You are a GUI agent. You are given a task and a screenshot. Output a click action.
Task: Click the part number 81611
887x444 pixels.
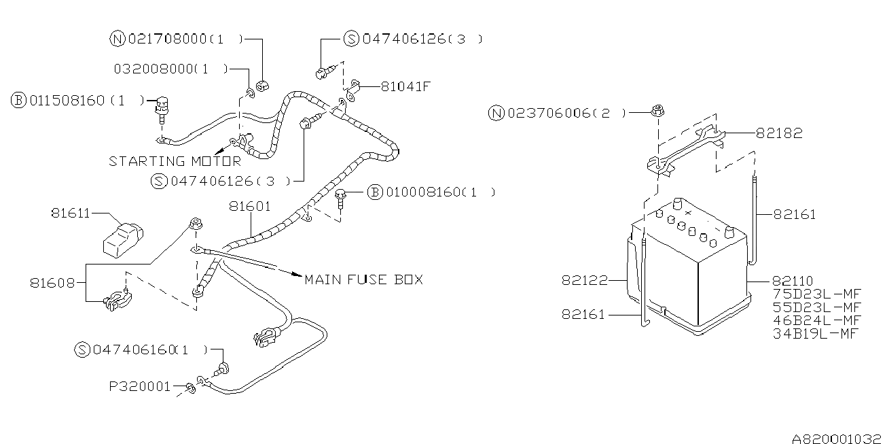click(70, 213)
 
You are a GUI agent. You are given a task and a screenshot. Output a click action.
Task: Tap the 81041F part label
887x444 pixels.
click(406, 86)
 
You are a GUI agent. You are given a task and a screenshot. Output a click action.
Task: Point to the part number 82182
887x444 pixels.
click(778, 134)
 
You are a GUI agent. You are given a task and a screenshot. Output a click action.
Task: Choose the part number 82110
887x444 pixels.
click(793, 281)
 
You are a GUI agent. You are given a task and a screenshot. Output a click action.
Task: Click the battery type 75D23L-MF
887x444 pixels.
click(817, 294)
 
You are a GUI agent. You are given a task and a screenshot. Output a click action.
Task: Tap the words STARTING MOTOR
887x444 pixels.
click(175, 161)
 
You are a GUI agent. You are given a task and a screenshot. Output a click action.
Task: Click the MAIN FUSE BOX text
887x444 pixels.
click(363, 279)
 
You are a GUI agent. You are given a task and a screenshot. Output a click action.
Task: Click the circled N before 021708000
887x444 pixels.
click(116, 39)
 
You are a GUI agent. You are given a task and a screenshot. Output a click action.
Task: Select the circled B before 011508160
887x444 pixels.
click(18, 101)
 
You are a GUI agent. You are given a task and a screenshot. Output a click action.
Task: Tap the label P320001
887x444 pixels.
click(140, 386)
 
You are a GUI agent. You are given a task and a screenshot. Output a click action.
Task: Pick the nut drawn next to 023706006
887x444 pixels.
click(657, 110)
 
